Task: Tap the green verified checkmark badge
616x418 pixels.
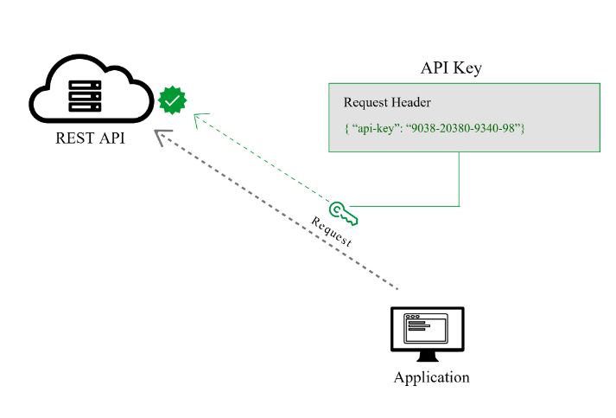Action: click(x=173, y=101)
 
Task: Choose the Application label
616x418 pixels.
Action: click(x=431, y=377)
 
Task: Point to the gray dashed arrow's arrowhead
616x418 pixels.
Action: click(x=162, y=136)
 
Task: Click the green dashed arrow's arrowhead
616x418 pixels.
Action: click(x=199, y=117)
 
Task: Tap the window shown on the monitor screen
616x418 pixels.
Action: click(x=428, y=328)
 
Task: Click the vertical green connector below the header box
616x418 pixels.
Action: click(x=459, y=179)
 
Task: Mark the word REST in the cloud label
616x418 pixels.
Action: click(x=70, y=137)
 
